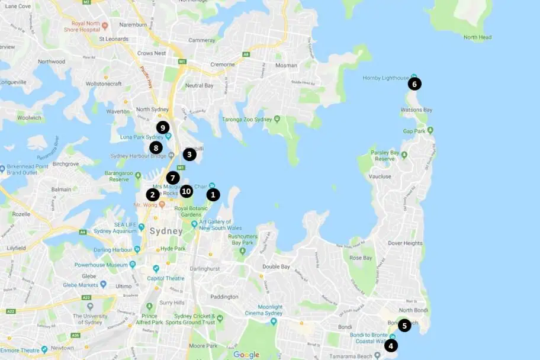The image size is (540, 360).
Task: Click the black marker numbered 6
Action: point(414,84)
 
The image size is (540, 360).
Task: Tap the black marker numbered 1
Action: point(213,194)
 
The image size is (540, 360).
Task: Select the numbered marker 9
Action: point(163,127)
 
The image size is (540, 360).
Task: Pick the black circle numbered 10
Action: point(186,191)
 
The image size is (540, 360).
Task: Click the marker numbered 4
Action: point(391,345)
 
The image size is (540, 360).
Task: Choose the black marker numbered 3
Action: point(189,155)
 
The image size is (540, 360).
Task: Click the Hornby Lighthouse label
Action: point(385,78)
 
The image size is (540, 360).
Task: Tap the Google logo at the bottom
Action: point(246,355)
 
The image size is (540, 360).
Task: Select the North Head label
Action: point(477,37)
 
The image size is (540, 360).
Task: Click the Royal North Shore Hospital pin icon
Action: point(105,25)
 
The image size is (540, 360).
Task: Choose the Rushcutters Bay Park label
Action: point(245,239)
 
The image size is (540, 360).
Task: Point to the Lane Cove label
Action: point(17,6)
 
